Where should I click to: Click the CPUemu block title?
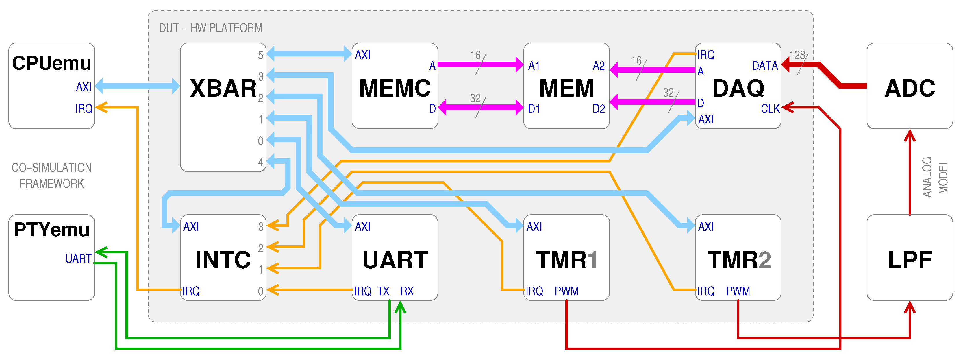click(51, 63)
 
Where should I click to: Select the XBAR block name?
click(223, 88)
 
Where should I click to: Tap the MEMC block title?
click(395, 88)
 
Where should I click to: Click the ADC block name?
click(910, 88)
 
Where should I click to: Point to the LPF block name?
click(910, 260)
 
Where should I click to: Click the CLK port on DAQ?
click(770, 109)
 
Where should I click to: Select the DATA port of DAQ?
click(765, 66)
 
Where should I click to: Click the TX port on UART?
click(383, 291)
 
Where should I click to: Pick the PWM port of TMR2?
click(738, 291)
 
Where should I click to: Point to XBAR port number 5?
click(261, 55)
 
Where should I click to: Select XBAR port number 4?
click(261, 162)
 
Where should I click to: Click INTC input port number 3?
click(261, 226)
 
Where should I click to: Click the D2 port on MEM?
click(599, 109)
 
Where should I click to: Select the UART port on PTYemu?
click(79, 259)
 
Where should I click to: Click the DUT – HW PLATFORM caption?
click(210, 28)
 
